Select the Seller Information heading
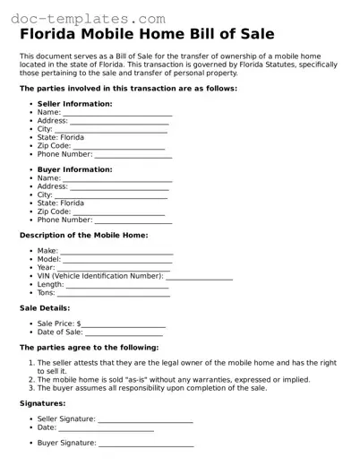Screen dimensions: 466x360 [74, 104]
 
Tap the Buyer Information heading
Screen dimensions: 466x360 [74, 169]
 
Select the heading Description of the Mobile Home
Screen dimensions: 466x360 [83, 235]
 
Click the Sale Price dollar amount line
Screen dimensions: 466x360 [124, 325]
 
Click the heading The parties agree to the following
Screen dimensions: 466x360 [89, 347]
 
